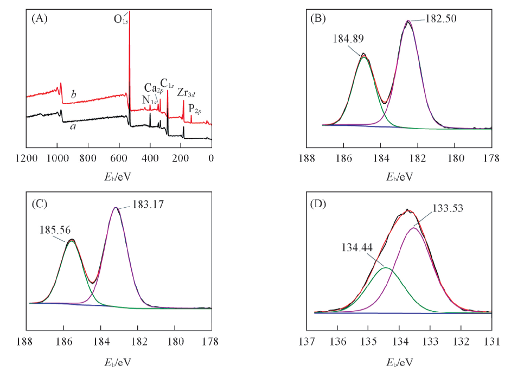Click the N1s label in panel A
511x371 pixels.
click(x=150, y=100)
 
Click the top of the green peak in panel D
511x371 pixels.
click(x=386, y=267)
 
